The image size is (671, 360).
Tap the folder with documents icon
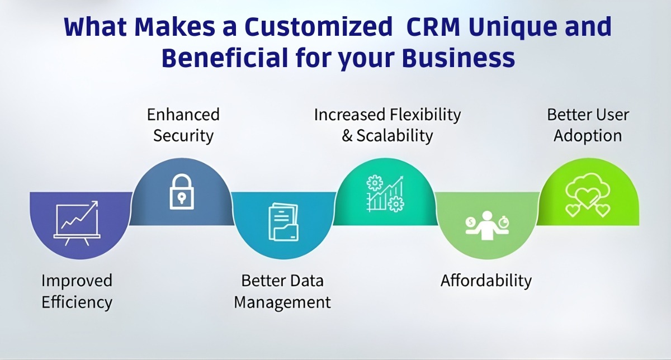coord(283,222)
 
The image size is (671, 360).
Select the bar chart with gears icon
coord(385,193)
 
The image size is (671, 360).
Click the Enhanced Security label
coord(183,125)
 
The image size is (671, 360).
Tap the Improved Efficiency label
coord(77,291)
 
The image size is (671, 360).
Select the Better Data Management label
coord(282,291)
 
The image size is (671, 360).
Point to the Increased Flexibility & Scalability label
coord(387,125)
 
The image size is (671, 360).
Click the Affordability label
coord(486,280)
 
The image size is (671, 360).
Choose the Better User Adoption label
coord(588,125)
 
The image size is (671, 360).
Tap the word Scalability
coord(395,135)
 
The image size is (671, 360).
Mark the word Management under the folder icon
coord(282,302)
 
